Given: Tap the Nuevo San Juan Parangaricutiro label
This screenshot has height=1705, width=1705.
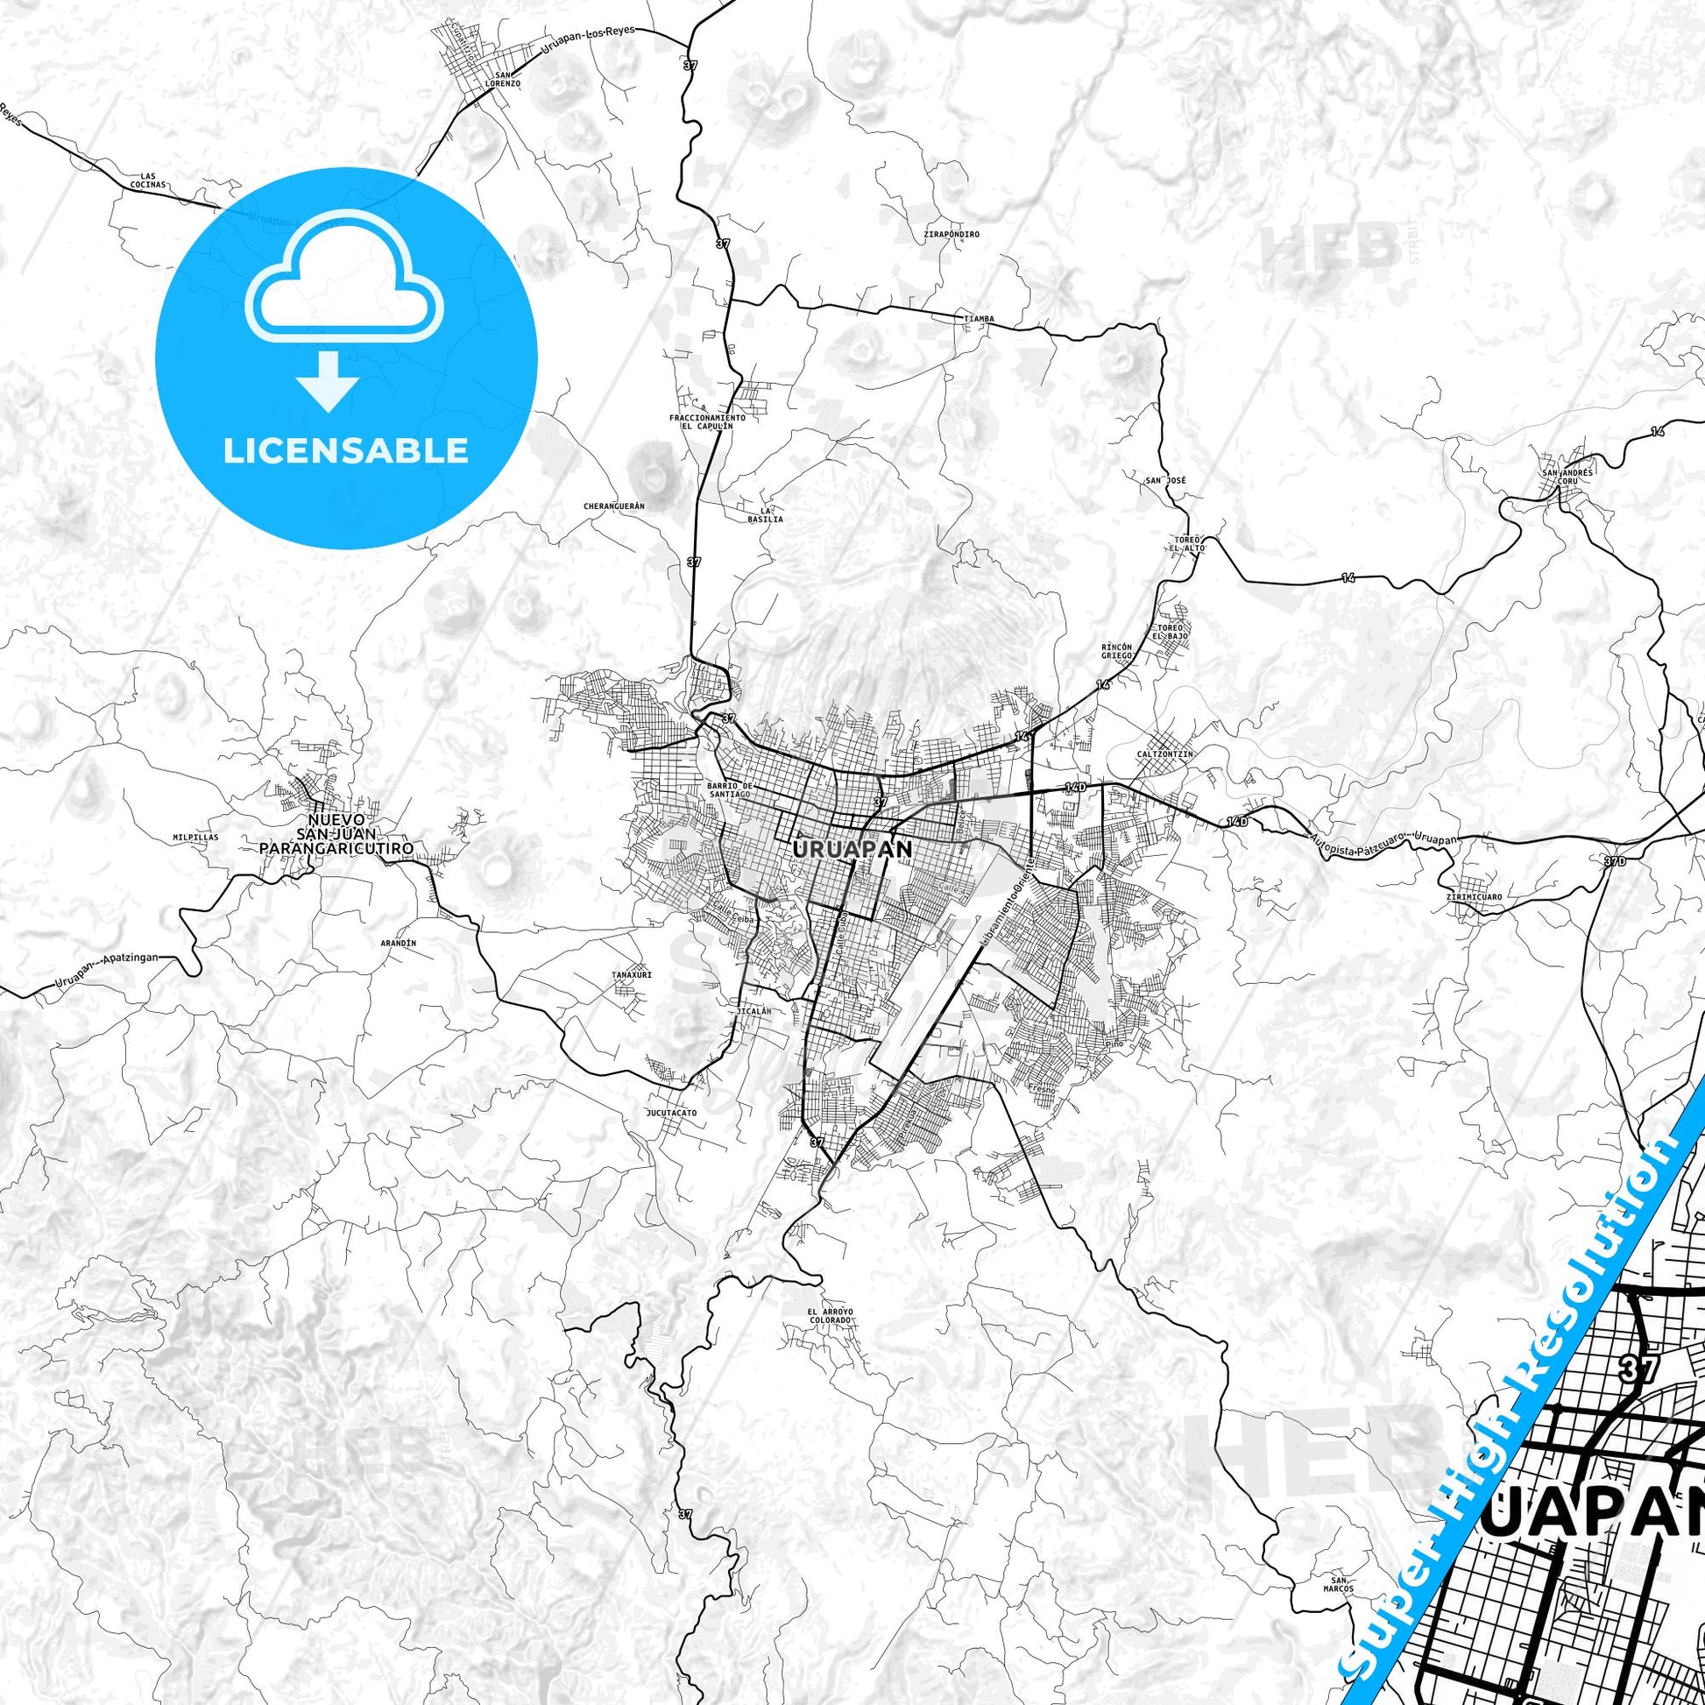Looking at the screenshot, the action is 336,833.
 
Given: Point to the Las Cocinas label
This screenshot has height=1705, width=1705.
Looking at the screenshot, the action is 147,180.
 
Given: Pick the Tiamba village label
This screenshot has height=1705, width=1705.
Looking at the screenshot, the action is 979,319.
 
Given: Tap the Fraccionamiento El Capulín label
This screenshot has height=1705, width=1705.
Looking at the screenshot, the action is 707,421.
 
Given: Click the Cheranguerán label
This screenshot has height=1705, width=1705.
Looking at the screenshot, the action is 615,506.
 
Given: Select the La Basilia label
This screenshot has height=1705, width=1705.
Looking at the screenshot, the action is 765,515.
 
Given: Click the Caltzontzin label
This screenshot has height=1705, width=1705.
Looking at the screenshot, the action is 1165,754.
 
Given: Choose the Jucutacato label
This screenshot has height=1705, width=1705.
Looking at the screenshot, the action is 672,1113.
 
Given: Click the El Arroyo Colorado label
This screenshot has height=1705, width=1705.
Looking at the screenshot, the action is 831,1316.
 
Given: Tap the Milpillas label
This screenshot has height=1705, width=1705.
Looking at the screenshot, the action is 196,837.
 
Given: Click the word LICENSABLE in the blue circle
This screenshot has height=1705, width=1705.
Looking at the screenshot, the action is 345,451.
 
